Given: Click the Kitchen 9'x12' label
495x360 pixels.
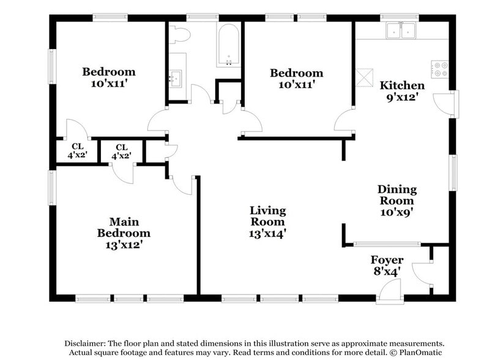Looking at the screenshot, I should (402, 91).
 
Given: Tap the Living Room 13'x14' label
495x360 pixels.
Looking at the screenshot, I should (267, 222).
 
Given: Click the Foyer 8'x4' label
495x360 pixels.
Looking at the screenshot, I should (387, 266).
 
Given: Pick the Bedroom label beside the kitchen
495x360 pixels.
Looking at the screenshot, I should (297, 78).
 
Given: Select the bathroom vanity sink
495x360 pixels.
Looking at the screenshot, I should (176, 78).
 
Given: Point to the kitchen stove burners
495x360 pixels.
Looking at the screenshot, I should (440, 69).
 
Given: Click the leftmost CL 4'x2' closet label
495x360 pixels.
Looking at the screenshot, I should (77, 151).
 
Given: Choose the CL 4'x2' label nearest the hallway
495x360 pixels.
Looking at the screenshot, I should (121, 151).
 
